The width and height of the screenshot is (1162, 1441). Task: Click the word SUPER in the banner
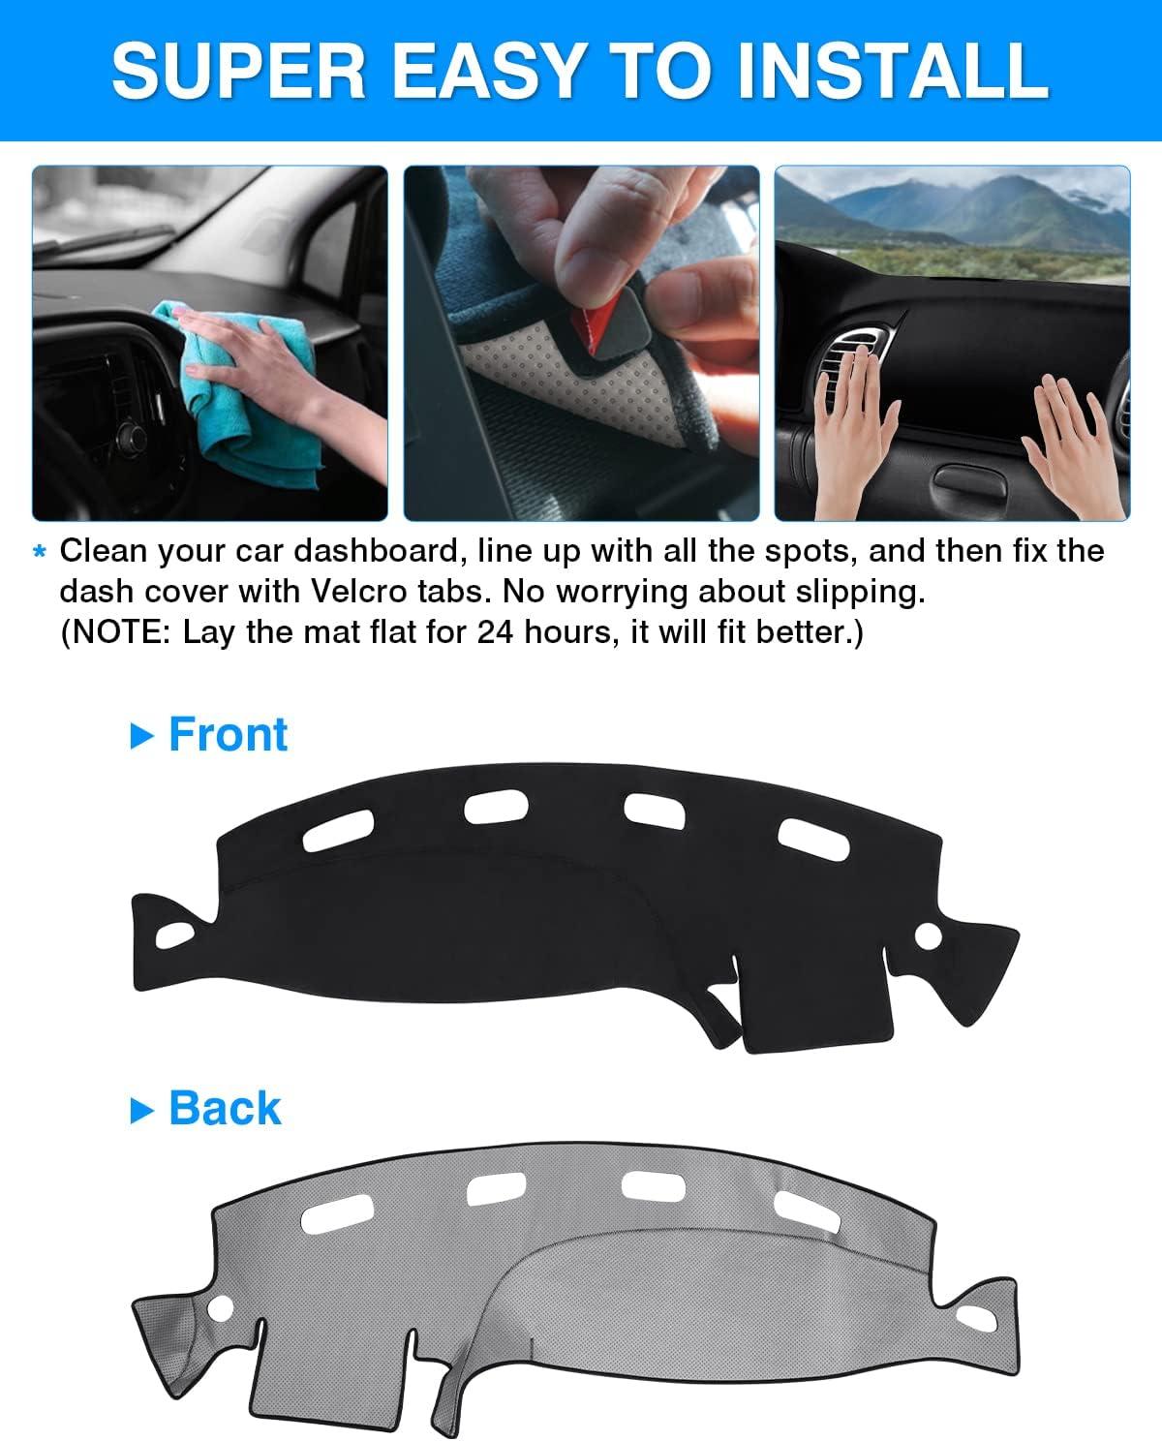[x=238, y=71]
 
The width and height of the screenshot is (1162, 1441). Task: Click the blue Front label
[x=228, y=735]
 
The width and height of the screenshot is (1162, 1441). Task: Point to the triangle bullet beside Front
[x=141, y=736]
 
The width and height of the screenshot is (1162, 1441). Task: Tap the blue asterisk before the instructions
[x=40, y=552]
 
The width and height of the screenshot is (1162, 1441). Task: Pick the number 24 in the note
[x=496, y=632]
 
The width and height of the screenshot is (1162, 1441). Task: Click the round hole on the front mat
[x=928, y=936]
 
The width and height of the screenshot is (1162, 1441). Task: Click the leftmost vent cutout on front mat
[x=338, y=830]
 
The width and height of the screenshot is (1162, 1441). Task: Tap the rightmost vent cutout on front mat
[x=813, y=839]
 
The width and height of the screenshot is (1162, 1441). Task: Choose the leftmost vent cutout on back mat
[x=337, y=1214]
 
